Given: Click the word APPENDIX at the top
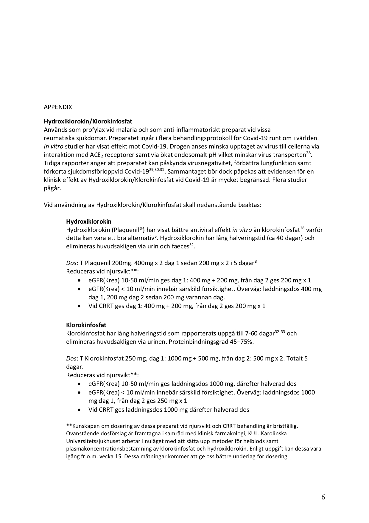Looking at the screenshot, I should (58, 107).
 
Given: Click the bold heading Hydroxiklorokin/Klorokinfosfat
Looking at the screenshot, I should (88, 122).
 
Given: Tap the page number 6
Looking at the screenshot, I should (323, 497).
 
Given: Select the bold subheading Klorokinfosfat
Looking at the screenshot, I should (86, 325).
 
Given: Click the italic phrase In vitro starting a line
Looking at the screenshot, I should (53, 147).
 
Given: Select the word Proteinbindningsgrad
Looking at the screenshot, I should (197, 342).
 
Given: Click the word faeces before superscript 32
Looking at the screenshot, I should (180, 247).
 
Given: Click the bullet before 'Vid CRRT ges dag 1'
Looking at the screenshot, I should (79, 306).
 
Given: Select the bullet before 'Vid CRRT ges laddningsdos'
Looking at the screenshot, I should (79, 410).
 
